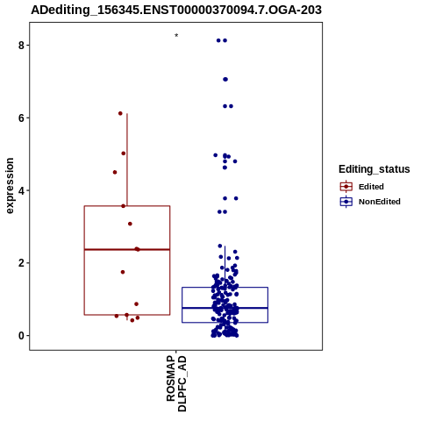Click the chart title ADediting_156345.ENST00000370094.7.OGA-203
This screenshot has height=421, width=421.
tap(176, 10)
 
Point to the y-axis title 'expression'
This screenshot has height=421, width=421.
tap(10, 186)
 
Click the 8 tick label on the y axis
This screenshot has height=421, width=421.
tap(21, 46)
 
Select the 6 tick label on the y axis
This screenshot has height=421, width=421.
tap(21, 118)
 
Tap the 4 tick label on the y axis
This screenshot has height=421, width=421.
tap(21, 190)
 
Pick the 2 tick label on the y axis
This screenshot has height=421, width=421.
tap(21, 263)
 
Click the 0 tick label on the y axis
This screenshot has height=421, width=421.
tap(21, 336)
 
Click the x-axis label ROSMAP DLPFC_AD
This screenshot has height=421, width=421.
tap(176, 383)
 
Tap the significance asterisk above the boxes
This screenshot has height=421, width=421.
tap(176, 36)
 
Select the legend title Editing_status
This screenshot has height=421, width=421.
tap(375, 169)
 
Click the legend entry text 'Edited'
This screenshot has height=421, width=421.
tap(371, 187)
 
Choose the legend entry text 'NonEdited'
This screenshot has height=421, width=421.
tap(380, 202)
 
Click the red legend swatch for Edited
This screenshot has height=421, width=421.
tap(346, 187)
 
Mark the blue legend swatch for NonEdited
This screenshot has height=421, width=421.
tap(346, 202)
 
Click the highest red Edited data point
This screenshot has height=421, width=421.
tap(120, 113)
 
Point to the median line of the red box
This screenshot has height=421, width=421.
tap(127, 249)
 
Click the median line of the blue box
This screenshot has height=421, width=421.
tap(225, 308)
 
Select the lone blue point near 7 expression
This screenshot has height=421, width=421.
tap(225, 79)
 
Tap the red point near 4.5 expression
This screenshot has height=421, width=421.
tap(115, 172)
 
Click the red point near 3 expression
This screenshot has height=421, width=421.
tap(130, 224)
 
